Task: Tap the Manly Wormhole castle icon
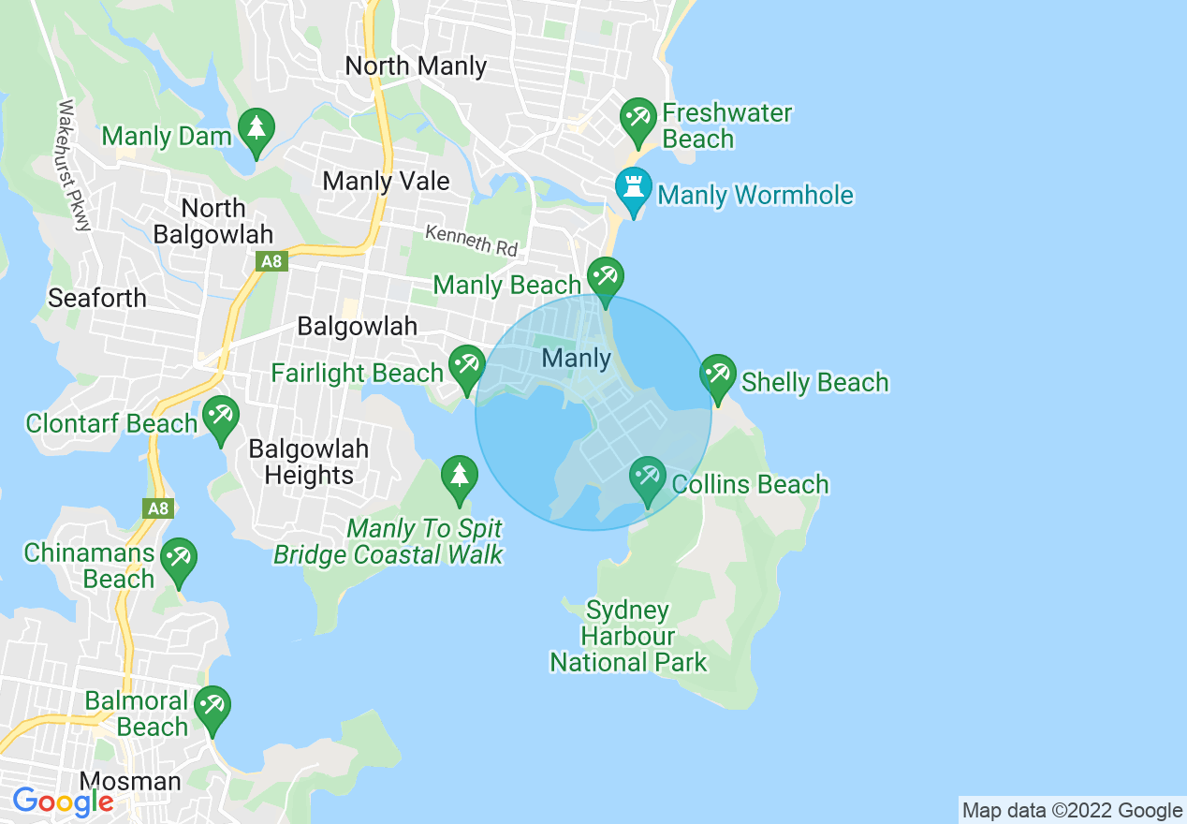pos(634,187)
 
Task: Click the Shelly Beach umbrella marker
pos(717,376)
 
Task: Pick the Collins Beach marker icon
pos(648,478)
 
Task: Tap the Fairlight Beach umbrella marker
pos(465,366)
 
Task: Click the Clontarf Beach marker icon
pos(220,417)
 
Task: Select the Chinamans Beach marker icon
pos(177,559)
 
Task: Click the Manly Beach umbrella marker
pos(605,278)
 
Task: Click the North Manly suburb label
pos(416,66)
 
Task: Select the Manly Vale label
pos(386,181)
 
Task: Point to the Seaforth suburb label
pos(97,298)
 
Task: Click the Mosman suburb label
pos(130,781)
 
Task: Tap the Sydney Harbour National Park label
pos(628,637)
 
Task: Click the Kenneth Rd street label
pos(471,240)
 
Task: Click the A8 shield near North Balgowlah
pos(271,261)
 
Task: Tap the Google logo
pos(63,802)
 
